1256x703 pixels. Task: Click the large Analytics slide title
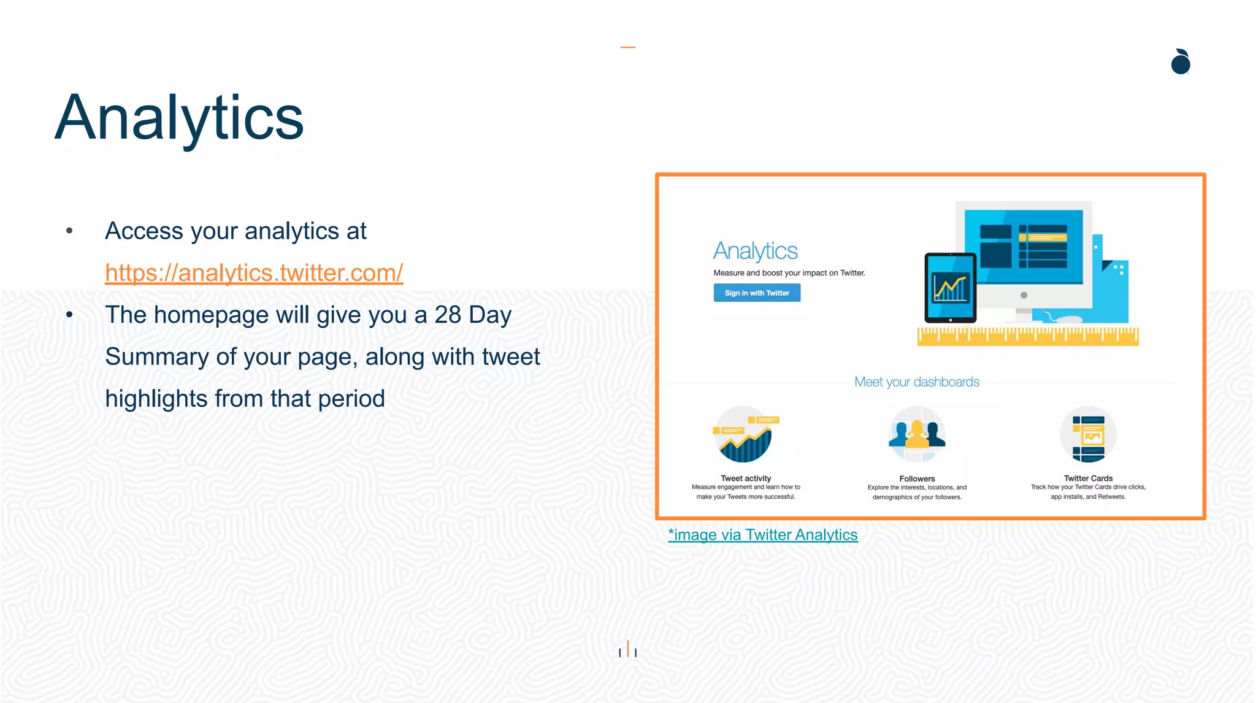(x=179, y=118)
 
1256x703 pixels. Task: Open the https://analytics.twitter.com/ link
(x=254, y=273)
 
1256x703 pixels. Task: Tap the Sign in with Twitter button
(x=757, y=293)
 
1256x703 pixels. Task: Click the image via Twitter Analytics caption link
(x=762, y=535)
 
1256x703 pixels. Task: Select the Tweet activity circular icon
(x=745, y=435)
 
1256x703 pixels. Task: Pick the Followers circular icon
(x=917, y=434)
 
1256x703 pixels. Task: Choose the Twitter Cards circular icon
(x=1088, y=434)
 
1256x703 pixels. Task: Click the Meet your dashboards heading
(x=917, y=382)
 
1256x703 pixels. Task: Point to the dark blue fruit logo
(x=1180, y=63)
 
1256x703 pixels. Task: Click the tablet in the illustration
(x=950, y=288)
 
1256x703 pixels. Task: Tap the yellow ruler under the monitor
(x=1028, y=336)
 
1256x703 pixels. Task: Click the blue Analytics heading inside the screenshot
(x=755, y=251)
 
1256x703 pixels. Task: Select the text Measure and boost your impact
(x=789, y=273)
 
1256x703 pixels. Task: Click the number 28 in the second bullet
(x=448, y=315)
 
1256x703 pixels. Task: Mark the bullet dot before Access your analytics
(x=69, y=231)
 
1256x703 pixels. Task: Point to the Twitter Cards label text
(x=1088, y=478)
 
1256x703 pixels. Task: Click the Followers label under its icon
(x=917, y=479)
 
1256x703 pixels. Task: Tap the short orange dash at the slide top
(x=627, y=47)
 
